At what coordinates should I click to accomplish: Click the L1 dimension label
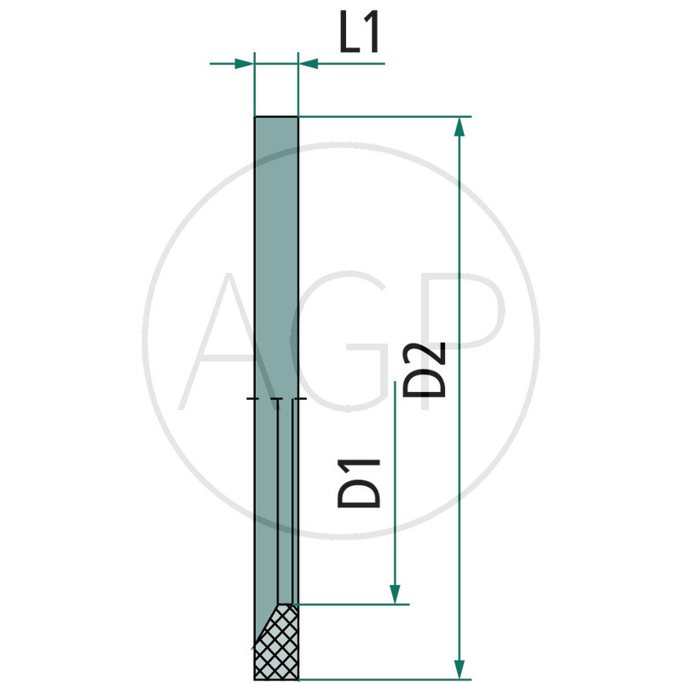(359, 38)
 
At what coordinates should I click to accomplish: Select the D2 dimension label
(425, 369)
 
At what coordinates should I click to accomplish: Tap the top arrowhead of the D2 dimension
(460, 127)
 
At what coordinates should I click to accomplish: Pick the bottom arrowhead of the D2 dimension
(460, 669)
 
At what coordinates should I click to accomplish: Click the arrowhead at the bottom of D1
(395, 594)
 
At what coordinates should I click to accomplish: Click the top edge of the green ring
(276, 117)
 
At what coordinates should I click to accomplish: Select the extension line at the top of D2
(384, 117)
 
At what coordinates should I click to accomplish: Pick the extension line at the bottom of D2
(384, 679)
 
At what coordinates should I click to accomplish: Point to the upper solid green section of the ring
(276, 256)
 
